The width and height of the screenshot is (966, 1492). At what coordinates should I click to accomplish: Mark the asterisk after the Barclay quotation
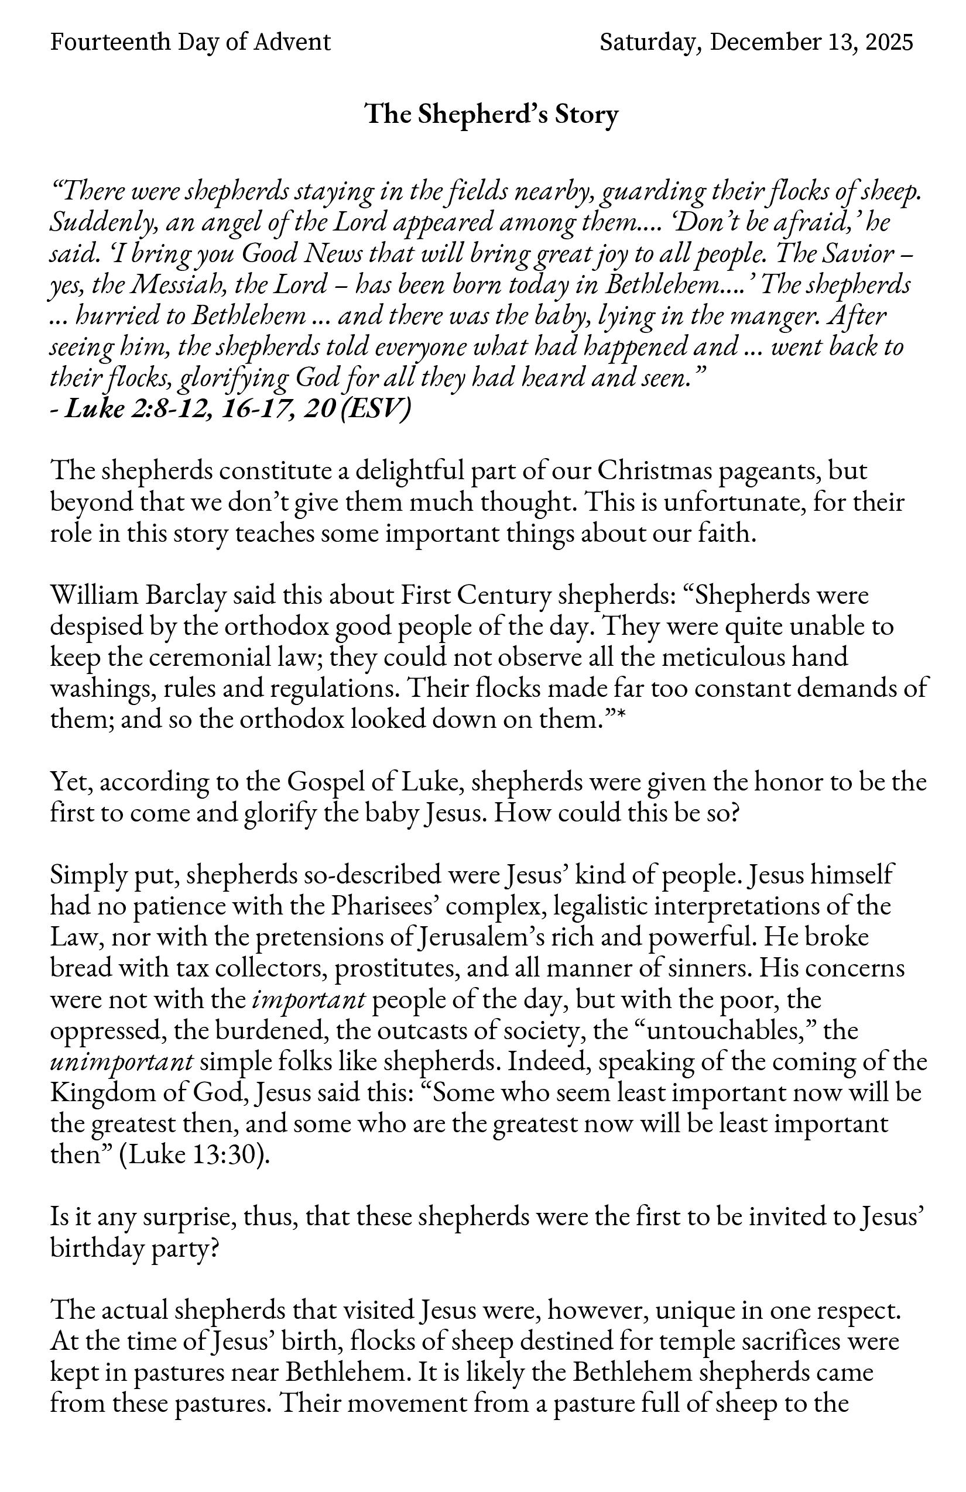(x=621, y=717)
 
